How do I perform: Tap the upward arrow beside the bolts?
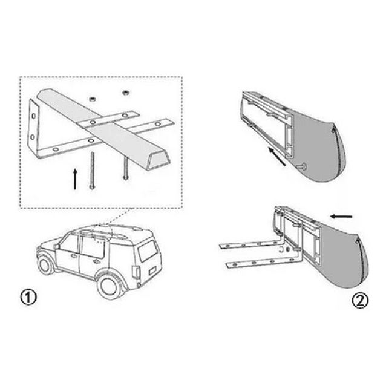(x=74, y=178)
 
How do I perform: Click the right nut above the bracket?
(x=126, y=92)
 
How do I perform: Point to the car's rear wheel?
(x=111, y=284)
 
